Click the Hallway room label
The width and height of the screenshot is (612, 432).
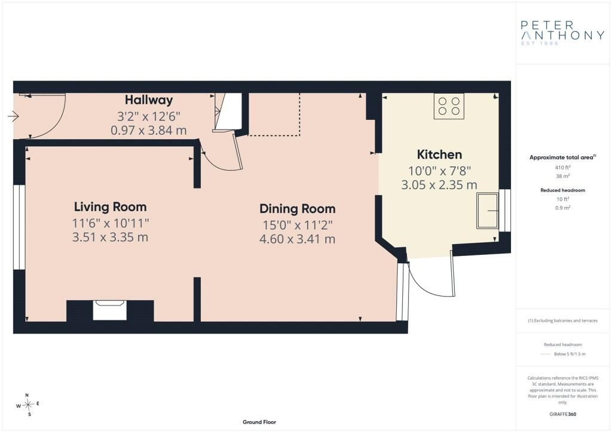pos(149,100)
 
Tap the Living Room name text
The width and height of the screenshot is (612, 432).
pos(111,207)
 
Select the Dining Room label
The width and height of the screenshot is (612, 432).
pos(298,209)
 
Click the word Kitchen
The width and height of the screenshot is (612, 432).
pos(439,155)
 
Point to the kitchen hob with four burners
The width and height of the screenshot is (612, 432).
pos(449,106)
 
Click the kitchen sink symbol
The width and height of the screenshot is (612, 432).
pos(488,211)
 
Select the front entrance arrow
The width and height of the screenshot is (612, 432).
pos(13,116)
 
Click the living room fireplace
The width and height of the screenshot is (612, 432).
pos(110,310)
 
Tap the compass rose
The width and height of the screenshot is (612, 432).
pos(28,405)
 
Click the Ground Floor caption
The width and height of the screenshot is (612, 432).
pos(259,422)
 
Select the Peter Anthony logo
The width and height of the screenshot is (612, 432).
pos(562,33)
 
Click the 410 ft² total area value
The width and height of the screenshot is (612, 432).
pos(562,168)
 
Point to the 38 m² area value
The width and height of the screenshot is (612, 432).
pos(562,176)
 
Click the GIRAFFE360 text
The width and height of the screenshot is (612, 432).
pos(562,414)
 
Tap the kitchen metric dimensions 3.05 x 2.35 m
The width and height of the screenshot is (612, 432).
pos(439,184)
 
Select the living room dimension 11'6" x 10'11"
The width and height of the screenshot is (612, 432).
pos(111,223)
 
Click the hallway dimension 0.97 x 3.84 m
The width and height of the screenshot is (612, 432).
pos(149,130)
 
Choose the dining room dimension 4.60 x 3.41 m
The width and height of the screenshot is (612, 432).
pos(298,239)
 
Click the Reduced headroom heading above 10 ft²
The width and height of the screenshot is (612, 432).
pos(562,190)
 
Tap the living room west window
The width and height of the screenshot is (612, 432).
pos(19,227)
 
